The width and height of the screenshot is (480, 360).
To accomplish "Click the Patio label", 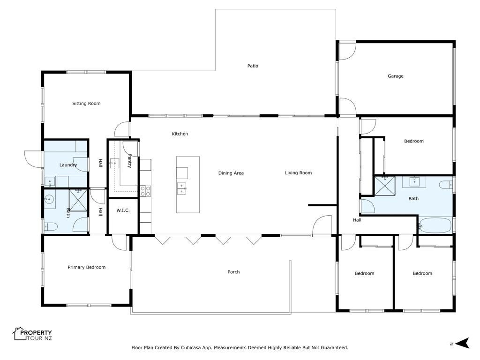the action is point(253,66).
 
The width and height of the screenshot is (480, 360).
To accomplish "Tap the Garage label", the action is point(396,76).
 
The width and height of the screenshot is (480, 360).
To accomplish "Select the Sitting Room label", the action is point(86,104).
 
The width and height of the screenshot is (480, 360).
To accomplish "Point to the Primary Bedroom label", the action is point(87,267).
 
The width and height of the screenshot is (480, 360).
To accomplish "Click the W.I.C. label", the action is point(123,210).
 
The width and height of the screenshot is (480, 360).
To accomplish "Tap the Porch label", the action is point(233,272).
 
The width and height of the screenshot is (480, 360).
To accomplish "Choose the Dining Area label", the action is point(231,173).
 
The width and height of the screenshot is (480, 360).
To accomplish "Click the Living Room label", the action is point(299,173).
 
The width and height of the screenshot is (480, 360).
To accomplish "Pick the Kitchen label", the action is point(180,134).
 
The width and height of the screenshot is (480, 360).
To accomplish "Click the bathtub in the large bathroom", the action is point(435,225).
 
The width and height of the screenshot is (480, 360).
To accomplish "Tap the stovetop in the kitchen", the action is point(145,191).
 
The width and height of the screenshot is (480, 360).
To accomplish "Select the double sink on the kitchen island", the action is point(182,188).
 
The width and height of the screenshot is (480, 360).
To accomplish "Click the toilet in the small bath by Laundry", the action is point(51,227).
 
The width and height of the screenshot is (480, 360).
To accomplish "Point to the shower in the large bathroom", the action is point(385,186).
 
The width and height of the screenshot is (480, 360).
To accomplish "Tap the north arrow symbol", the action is point(462,343).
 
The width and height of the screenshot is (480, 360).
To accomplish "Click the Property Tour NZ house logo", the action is point(19,334).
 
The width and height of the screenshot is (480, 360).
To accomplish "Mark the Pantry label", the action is point(129,161).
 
